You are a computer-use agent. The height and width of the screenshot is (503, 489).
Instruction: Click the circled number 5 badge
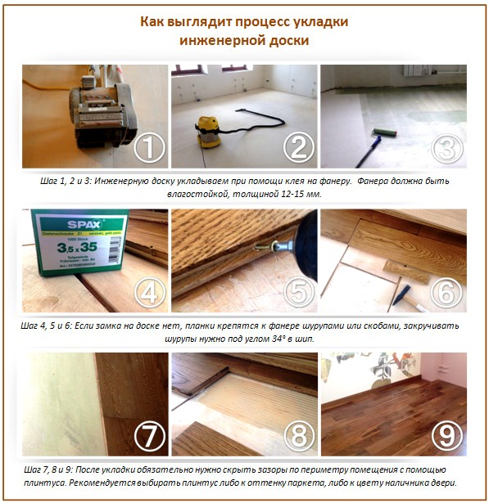click(x=298, y=293)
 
